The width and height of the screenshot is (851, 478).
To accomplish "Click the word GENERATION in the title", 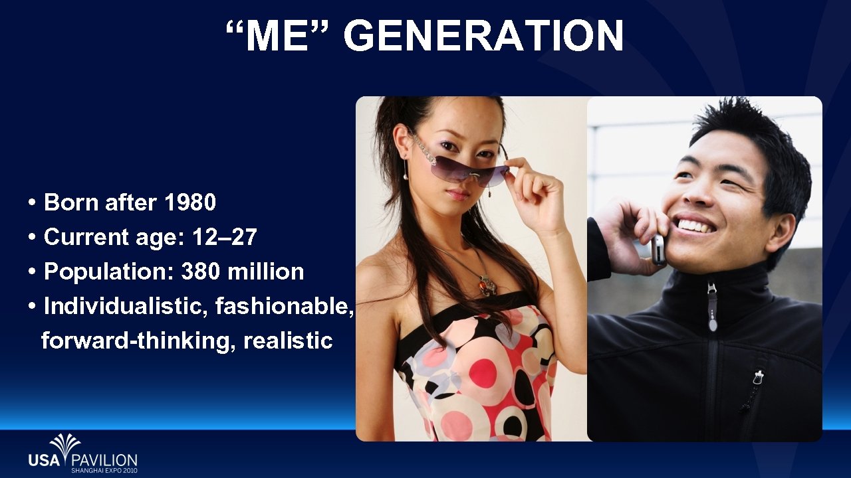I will click(483, 36).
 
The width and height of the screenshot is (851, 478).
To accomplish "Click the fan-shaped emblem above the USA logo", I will click(65, 443).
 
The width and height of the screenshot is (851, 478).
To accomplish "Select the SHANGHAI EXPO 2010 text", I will click(104, 470).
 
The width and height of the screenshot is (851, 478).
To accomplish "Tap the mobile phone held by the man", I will click(658, 249).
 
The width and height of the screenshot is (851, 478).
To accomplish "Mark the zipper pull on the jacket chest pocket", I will click(757, 378).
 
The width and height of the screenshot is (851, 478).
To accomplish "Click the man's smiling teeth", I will click(695, 225).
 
